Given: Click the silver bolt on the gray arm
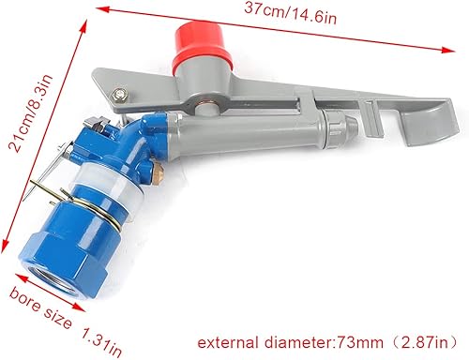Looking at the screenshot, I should (x=119, y=93).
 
